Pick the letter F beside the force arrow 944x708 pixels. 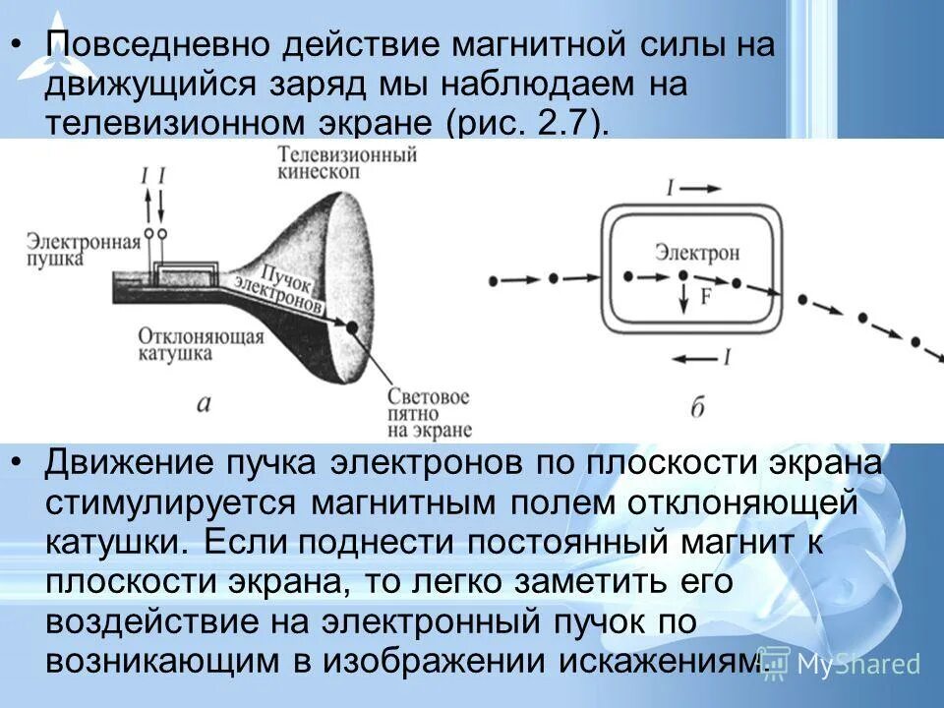click(706, 297)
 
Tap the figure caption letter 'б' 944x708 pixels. click(697, 406)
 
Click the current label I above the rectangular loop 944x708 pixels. click(670, 186)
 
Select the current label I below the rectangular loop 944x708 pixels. click(727, 358)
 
